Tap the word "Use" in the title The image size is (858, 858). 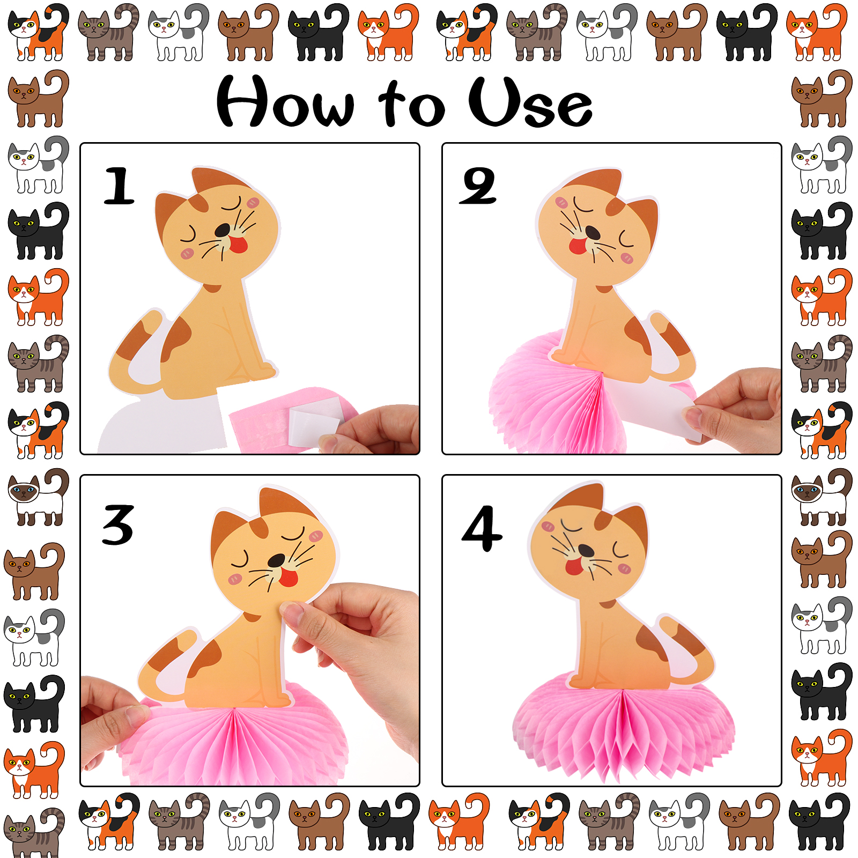[x=530, y=102]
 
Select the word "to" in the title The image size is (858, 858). [x=411, y=104]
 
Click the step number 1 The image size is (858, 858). [x=119, y=186]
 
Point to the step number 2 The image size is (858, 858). [x=478, y=186]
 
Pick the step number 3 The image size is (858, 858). [x=118, y=524]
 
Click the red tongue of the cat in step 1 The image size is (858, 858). [x=238, y=244]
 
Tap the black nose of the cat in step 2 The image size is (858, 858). [x=593, y=232]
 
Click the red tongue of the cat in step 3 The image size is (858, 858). [x=289, y=577]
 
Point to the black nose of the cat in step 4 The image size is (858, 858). [x=586, y=551]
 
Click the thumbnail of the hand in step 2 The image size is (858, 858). [x=692, y=415]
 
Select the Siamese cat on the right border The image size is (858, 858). [x=822, y=496]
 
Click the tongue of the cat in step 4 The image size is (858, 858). [x=574, y=566]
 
